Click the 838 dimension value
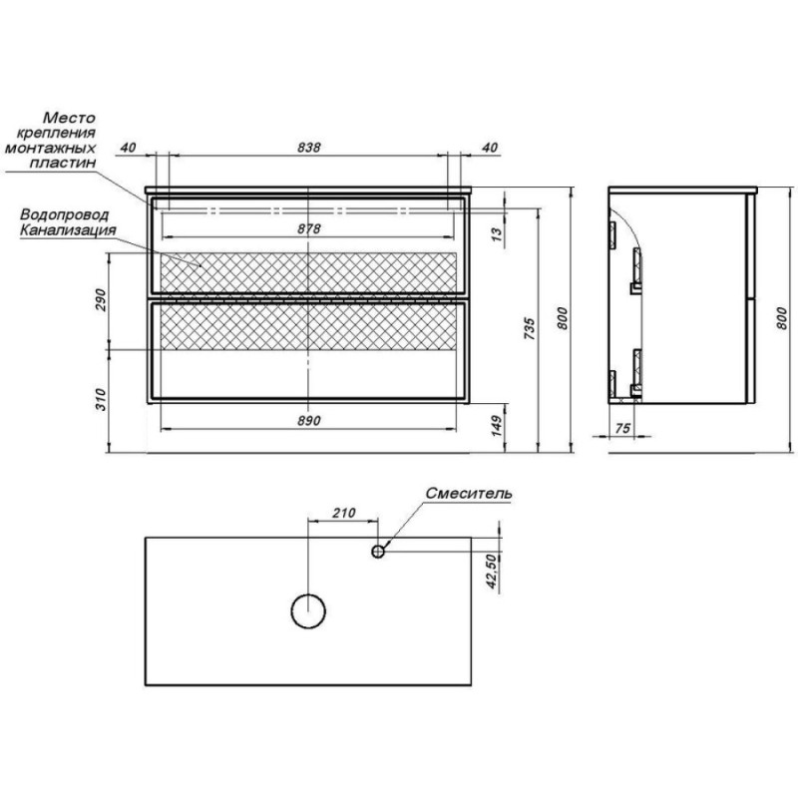(x=309, y=147)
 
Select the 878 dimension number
(x=309, y=229)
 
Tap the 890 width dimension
(x=309, y=420)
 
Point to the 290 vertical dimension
(x=101, y=300)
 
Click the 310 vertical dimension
(x=101, y=400)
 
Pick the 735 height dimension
(x=530, y=329)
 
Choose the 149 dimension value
(x=497, y=426)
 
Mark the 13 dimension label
(x=497, y=232)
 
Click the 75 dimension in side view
(x=622, y=429)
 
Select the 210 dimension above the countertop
(x=344, y=513)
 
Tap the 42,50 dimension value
(x=491, y=572)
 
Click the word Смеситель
(x=469, y=493)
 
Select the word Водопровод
(x=64, y=215)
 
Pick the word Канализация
(x=68, y=230)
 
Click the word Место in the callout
(x=69, y=118)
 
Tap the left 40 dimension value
(x=129, y=147)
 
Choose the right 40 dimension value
(x=489, y=147)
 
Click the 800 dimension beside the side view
(x=782, y=318)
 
